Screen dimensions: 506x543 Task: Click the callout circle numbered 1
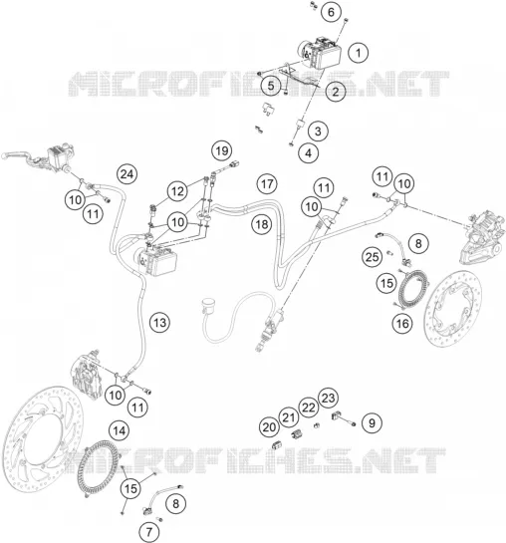pos(359,53)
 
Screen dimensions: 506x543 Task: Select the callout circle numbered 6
pos(332,12)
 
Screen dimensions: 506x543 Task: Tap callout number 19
pos(222,151)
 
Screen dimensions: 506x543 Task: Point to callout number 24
pos(127,174)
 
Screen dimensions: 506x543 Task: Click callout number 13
pos(160,323)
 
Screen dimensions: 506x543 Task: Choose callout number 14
pos(120,430)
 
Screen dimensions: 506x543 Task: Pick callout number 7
pos(149,532)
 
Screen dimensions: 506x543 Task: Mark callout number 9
pos(372,422)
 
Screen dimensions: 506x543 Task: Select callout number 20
pos(269,427)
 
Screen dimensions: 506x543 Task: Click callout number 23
pos(328,398)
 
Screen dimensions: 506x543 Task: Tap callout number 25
pos(373,257)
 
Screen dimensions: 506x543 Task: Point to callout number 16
pos(402,324)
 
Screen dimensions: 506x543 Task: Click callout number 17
pos(267,184)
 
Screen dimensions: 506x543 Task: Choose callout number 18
pos(262,225)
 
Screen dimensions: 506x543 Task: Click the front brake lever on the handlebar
pos(17,154)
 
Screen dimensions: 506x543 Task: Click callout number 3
pos(318,131)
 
